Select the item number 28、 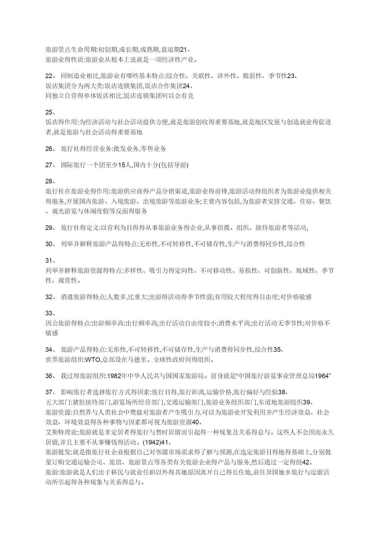[51, 181]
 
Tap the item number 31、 [51, 261]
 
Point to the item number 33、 [51, 313]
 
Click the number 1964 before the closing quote [321, 376]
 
